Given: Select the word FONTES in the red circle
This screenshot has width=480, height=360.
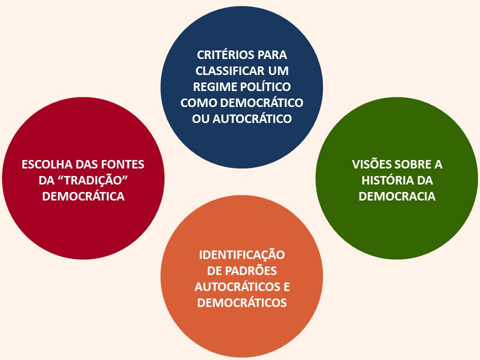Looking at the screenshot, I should click(123, 164).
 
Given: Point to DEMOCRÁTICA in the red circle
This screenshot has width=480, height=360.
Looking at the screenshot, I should click(83, 196).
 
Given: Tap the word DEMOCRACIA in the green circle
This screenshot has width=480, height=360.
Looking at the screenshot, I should click(397, 196).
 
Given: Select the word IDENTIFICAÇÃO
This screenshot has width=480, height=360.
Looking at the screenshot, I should click(242, 255).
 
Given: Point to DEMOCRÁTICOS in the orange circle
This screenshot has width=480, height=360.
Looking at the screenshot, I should click(242, 303).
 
